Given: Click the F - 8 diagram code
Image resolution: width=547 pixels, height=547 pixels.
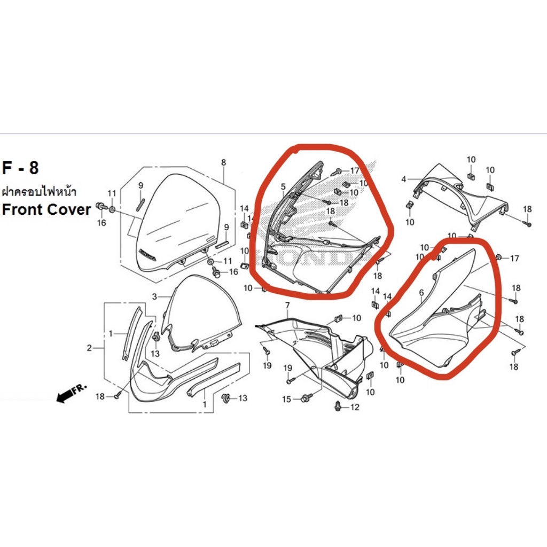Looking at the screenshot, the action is pos(20,168).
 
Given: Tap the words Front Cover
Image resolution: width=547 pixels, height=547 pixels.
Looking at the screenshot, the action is pos(46,209).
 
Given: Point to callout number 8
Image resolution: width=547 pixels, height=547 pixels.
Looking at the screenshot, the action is pos(224,162).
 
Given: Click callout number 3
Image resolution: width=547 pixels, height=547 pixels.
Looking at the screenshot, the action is pos(154,297).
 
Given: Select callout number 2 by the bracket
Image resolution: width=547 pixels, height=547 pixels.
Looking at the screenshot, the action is pos(89,348).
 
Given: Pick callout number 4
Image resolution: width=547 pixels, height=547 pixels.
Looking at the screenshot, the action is pos(404,179).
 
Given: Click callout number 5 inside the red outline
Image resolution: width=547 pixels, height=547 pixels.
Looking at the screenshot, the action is pos(283,187).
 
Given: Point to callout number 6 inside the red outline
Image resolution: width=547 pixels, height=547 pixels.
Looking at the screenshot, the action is pos(421,293).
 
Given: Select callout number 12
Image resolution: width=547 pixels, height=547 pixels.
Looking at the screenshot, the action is pos(355,407).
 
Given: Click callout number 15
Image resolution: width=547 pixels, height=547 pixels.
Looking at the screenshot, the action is pos(286,399).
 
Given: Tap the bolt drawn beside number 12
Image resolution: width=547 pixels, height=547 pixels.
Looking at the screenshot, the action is pos(338,406).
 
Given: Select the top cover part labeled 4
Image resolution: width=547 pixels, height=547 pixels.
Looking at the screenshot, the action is pos(460,197).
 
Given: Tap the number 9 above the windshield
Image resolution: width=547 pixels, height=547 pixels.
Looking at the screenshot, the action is pos(140,185).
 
